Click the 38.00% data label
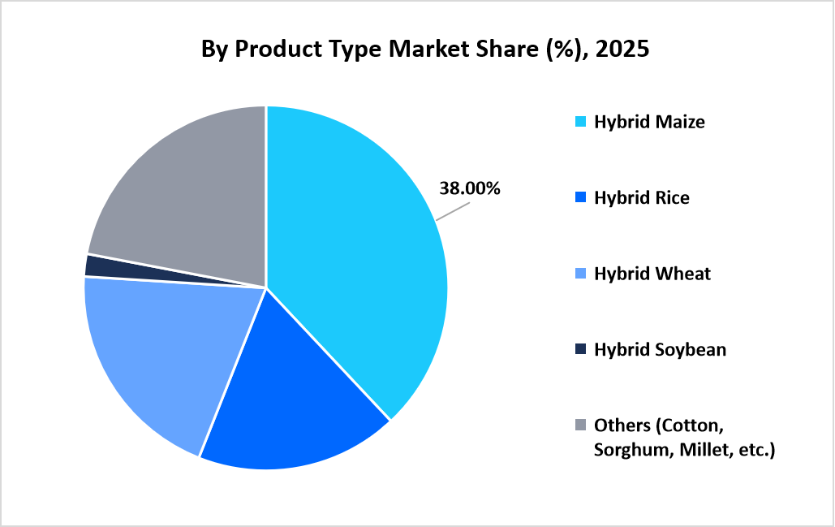pos(470,188)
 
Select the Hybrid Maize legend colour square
pos(580,123)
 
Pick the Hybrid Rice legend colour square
pos(580,198)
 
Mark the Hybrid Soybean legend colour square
pos(580,350)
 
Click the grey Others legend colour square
pos(580,425)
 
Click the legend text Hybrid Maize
pos(649,123)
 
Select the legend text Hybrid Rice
pos(641,198)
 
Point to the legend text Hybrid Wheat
pos(652,274)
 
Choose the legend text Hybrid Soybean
pos(660,350)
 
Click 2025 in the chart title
pos(622,50)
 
